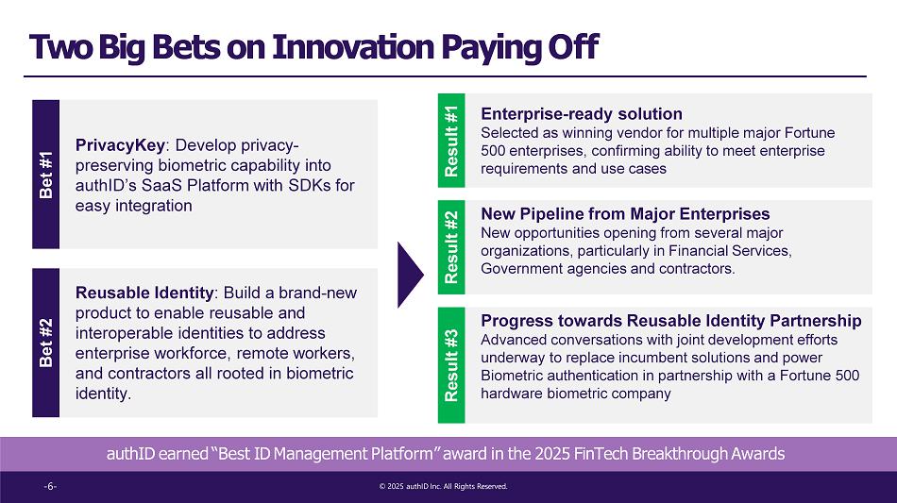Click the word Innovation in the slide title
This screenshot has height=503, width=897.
click(x=353, y=47)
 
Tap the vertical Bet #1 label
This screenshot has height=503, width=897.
click(x=45, y=175)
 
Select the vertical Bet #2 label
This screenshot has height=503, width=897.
click(x=45, y=343)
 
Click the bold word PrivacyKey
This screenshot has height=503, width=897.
click(x=120, y=145)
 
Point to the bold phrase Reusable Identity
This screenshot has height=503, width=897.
click(x=144, y=293)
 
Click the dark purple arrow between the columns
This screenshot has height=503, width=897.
click(x=410, y=275)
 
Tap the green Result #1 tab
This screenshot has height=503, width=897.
click(x=451, y=141)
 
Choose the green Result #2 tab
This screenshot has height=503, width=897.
click(x=451, y=247)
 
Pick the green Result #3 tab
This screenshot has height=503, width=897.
click(x=451, y=364)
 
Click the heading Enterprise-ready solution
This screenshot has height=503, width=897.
click(x=582, y=114)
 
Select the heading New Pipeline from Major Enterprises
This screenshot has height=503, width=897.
click(x=625, y=214)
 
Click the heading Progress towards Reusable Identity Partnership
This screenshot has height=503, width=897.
click(x=671, y=321)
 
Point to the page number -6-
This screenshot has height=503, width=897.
click(x=50, y=486)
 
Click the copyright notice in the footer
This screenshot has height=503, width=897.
click(x=444, y=486)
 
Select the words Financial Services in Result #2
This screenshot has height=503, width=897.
click(x=729, y=251)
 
